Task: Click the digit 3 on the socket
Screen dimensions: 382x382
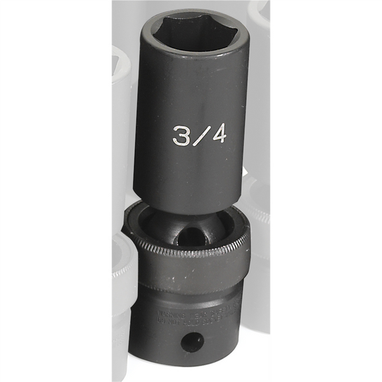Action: [181, 136]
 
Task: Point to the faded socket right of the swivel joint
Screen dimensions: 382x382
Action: [258, 210]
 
